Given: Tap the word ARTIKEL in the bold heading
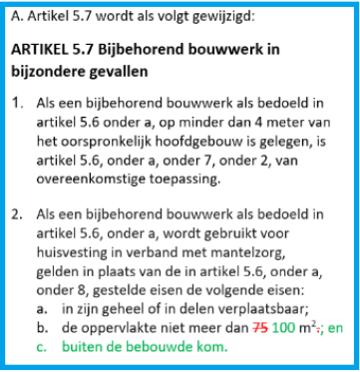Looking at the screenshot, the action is [51, 49].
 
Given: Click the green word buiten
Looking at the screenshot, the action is [84, 346].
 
